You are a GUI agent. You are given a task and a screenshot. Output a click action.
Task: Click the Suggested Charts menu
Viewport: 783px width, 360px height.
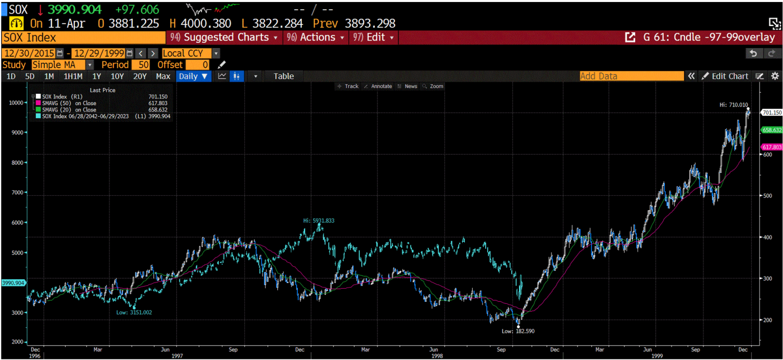(225, 37)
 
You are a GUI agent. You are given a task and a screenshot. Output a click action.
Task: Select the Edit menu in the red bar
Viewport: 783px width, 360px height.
(374, 37)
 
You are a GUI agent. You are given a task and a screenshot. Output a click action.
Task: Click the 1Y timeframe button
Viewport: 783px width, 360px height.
(96, 76)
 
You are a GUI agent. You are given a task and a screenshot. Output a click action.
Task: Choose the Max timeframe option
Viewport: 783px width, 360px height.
(163, 76)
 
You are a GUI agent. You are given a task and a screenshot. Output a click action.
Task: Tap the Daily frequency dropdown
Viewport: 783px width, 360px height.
(193, 76)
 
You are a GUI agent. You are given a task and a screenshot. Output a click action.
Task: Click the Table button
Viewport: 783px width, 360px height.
(283, 76)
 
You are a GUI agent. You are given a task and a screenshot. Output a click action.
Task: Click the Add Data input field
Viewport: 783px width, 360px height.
(631, 76)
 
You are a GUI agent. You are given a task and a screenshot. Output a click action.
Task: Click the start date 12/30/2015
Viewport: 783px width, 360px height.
(30, 53)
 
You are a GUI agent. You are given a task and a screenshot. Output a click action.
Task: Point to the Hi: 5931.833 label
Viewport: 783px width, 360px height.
(319, 220)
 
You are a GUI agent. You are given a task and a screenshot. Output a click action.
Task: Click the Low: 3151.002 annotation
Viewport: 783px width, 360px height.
(134, 312)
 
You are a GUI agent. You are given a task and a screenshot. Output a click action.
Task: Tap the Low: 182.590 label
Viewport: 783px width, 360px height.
(518, 331)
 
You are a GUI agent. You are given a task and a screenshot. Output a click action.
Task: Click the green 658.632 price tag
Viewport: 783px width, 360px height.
(771, 130)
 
